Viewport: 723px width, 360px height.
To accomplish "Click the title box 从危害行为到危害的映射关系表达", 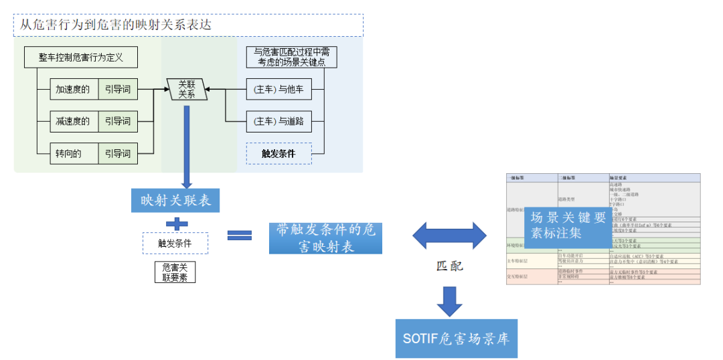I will click(x=188, y=25).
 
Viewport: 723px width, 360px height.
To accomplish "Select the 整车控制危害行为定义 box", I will click(x=81, y=58).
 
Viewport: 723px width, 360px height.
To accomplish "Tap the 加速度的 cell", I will click(x=74, y=90).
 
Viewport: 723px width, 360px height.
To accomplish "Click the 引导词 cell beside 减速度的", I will click(x=118, y=122).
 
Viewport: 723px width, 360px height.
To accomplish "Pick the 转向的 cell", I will click(x=74, y=154).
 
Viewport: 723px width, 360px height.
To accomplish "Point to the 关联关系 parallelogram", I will click(x=186, y=90).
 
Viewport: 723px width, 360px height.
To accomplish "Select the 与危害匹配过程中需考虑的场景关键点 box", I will click(x=291, y=57).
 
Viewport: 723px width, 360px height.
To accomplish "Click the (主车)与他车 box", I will click(x=278, y=90).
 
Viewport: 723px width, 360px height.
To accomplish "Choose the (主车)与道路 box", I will click(x=278, y=122).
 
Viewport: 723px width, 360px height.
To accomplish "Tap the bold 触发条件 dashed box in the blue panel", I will click(x=278, y=154).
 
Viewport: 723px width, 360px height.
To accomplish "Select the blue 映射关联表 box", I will click(x=175, y=200).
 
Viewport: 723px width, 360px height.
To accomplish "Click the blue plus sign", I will click(x=176, y=223).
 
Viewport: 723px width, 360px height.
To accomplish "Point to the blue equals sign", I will click(x=239, y=235).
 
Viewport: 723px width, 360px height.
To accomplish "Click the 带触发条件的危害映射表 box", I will click(x=325, y=238).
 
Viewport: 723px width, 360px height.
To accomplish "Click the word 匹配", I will click(x=449, y=266).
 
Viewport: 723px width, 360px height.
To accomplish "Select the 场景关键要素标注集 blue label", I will click(x=568, y=226).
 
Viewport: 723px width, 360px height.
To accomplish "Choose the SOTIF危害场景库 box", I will click(x=455, y=339).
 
